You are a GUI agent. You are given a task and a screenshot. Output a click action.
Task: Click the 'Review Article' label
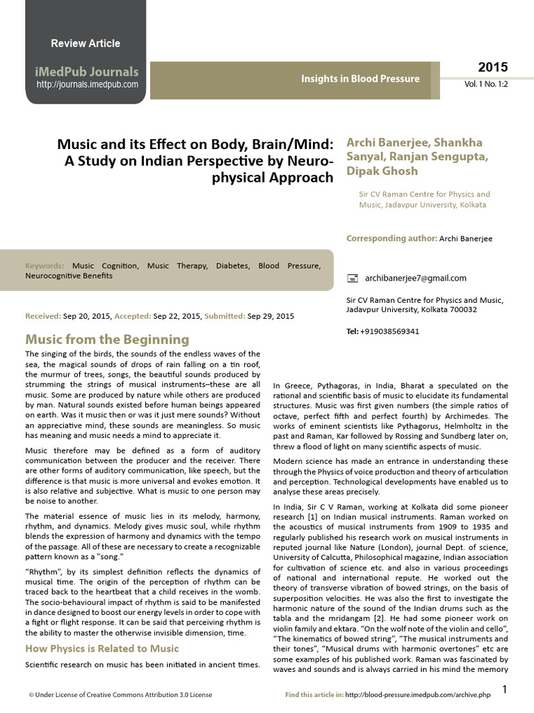[86, 43]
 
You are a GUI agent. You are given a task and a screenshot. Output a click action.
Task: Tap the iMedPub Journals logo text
[87, 72]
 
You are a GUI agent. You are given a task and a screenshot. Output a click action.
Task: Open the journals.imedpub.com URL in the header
[87, 85]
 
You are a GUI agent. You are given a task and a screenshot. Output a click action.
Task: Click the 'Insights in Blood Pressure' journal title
[360, 79]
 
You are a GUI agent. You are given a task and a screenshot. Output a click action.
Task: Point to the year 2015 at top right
[492, 68]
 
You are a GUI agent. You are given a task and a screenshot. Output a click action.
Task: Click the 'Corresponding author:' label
[391, 239]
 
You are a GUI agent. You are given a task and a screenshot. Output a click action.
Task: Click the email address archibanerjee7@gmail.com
[416, 278]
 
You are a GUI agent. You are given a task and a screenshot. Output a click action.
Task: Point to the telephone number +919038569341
[389, 331]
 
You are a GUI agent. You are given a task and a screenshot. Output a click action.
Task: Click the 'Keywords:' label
[44, 266]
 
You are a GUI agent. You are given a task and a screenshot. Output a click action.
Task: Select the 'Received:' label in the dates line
[43, 316]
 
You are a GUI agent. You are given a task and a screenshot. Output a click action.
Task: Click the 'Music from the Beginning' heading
[107, 339]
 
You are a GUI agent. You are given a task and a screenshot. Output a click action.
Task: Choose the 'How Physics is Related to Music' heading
[102, 649]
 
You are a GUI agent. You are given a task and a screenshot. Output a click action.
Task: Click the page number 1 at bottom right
[505, 689]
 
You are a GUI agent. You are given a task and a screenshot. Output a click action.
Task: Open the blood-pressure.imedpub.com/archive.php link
[422, 695]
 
